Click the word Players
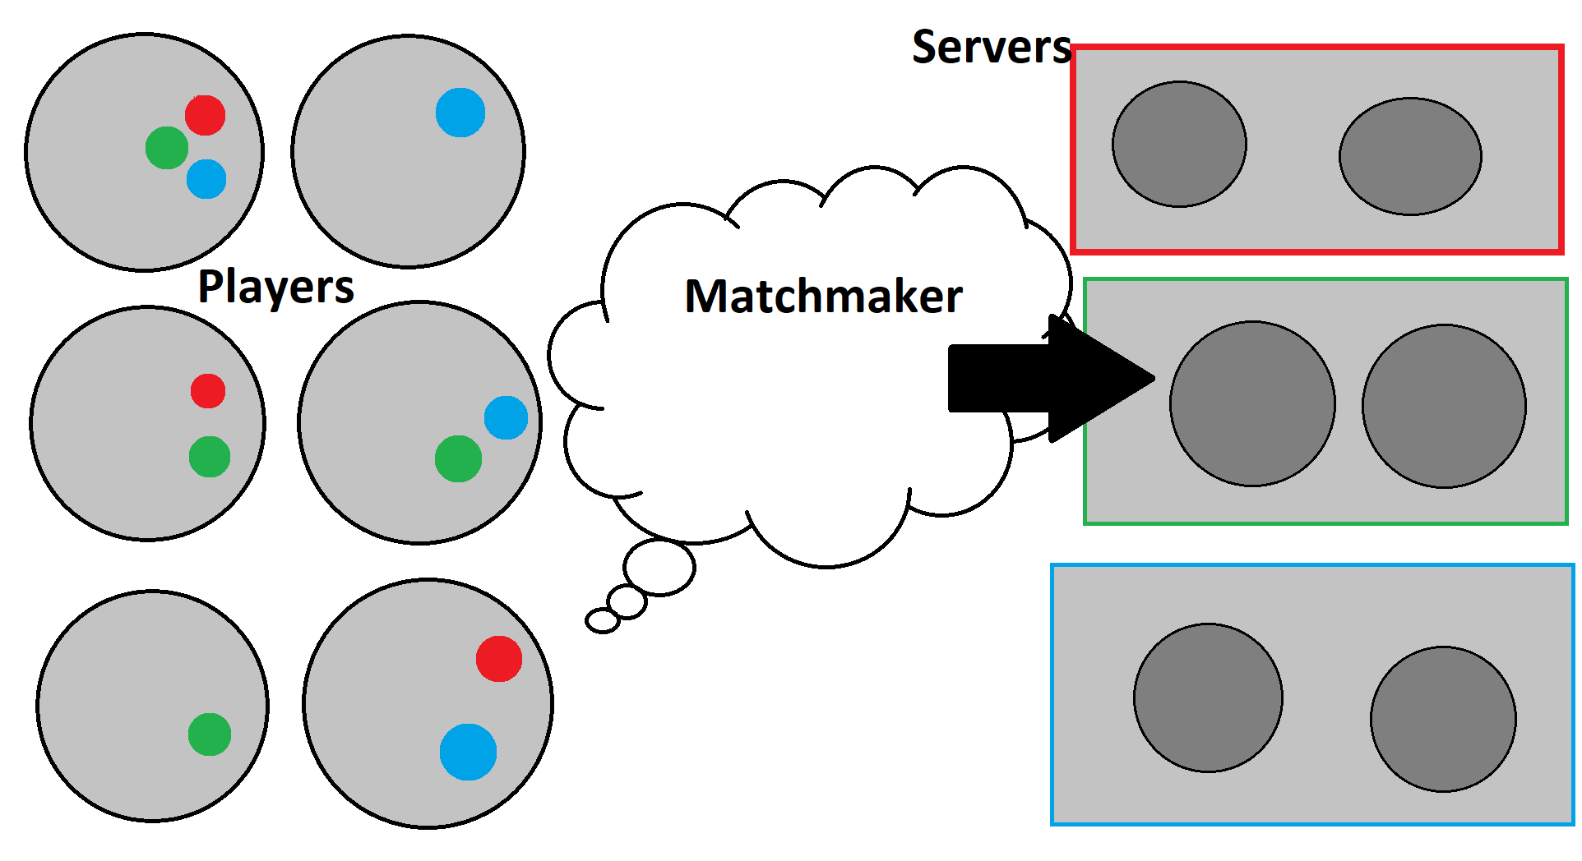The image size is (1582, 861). (275, 288)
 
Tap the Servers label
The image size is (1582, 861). (992, 47)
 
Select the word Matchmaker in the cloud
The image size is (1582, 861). (823, 296)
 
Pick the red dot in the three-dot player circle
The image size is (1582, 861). (205, 115)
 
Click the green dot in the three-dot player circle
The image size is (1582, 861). (167, 148)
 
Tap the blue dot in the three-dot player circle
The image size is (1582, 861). (206, 179)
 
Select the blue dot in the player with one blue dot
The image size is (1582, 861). (460, 113)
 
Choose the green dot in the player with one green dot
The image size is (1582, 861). (210, 734)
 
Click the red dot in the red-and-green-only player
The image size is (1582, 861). (208, 391)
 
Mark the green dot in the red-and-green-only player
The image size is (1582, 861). (210, 457)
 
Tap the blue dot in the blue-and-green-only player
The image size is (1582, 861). (506, 417)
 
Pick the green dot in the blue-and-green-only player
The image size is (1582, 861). (458, 458)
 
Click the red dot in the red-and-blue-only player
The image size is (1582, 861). (499, 659)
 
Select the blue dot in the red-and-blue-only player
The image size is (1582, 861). (468, 752)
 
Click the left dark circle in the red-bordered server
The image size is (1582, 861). (1179, 145)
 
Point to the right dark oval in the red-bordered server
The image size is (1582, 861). (1410, 156)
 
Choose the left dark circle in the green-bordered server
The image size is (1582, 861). (1252, 404)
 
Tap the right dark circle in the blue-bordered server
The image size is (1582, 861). (1443, 720)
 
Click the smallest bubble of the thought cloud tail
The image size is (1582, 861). (602, 621)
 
